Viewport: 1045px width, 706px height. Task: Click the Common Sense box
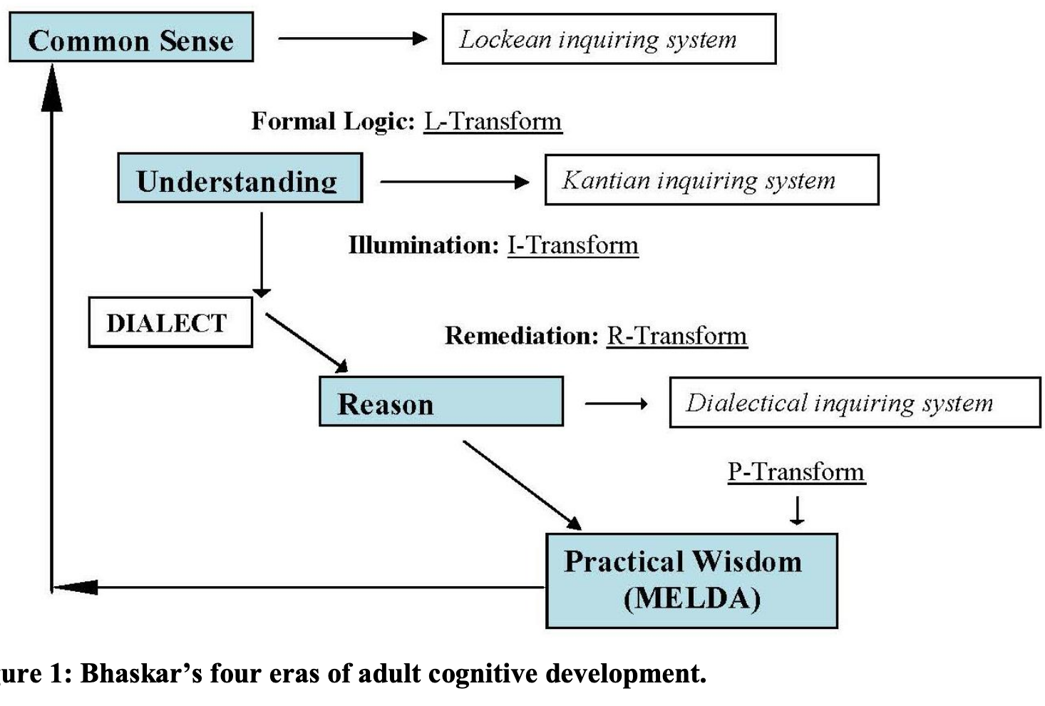tap(131, 37)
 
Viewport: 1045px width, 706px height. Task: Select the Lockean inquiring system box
tap(609, 39)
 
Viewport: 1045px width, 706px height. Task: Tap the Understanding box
tap(240, 178)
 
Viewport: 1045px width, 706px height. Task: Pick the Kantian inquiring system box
tap(712, 180)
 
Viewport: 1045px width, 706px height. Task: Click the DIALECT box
tap(171, 322)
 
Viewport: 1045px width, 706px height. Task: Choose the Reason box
tap(441, 401)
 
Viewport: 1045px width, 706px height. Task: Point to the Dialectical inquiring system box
tap(855, 403)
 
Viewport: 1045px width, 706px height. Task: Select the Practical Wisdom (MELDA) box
tap(692, 581)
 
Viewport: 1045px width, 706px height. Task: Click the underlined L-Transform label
tap(493, 121)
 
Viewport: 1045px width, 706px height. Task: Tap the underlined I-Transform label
tap(573, 245)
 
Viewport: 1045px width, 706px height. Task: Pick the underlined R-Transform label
tap(677, 336)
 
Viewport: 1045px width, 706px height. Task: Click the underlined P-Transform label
tap(797, 472)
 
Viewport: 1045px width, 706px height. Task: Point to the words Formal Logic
tap(333, 121)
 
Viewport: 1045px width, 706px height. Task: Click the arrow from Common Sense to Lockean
tap(353, 39)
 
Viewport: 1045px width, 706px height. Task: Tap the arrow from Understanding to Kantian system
tap(455, 182)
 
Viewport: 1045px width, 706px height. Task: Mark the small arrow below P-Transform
tap(797, 511)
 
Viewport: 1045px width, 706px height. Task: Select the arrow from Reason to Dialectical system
tap(617, 404)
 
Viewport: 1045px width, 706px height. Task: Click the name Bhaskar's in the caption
tap(141, 674)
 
